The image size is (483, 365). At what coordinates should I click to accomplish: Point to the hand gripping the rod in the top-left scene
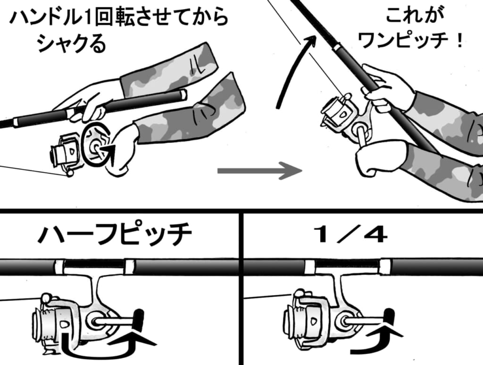[x=90, y=101]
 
